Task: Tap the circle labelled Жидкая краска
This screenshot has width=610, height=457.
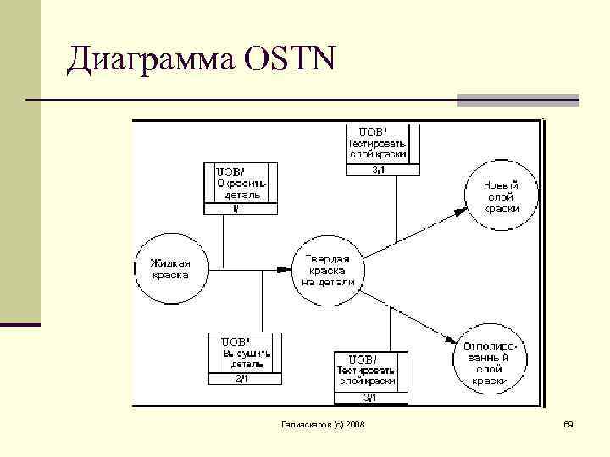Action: coord(170,268)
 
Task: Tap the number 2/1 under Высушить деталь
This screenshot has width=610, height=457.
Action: coord(244,379)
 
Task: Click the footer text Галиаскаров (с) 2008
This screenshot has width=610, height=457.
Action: coord(322,422)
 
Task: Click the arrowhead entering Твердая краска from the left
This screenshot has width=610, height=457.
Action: coord(287,269)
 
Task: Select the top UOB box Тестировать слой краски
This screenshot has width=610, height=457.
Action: coord(377,143)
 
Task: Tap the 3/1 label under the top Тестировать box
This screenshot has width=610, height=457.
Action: coord(378,169)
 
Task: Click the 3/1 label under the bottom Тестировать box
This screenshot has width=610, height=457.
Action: coord(371,398)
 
